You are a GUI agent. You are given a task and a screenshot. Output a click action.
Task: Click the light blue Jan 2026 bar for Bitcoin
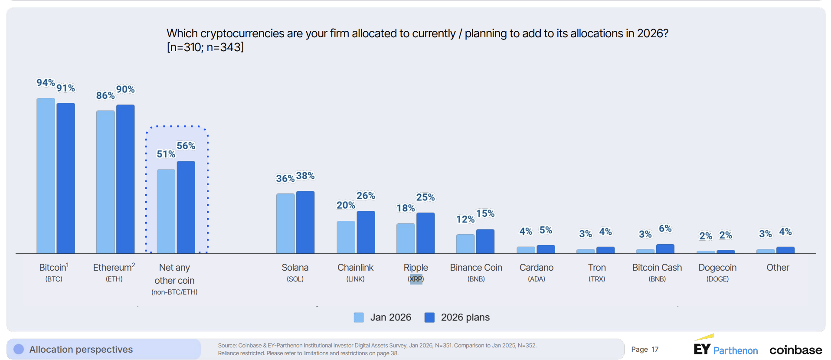[46, 176]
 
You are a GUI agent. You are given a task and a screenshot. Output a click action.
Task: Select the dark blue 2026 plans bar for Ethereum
[125, 179]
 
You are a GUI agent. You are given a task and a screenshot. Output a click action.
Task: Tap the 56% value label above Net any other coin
[186, 146]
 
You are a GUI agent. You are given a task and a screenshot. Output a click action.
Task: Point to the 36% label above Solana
[285, 178]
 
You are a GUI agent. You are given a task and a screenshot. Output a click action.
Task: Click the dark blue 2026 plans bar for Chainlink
[366, 232]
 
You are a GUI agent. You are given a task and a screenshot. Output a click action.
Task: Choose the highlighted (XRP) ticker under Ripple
[415, 279]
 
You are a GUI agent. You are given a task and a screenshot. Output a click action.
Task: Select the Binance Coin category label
[476, 268]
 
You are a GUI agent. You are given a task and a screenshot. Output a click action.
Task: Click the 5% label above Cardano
[546, 230]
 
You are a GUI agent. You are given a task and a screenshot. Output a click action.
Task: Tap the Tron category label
[596, 268]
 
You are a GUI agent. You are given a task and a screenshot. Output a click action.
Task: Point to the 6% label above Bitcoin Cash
[665, 229]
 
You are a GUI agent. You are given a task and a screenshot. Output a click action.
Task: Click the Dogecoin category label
[717, 268]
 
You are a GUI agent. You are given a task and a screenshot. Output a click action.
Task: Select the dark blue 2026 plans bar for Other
[785, 250]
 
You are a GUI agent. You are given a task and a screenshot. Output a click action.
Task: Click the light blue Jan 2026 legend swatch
[359, 317]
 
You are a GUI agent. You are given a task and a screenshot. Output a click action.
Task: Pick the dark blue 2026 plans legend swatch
[429, 317]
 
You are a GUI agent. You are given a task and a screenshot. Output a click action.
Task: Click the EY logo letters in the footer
[702, 349]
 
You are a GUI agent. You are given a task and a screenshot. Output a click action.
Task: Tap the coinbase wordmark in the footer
[795, 350]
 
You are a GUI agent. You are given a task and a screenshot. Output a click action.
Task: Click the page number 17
[655, 350]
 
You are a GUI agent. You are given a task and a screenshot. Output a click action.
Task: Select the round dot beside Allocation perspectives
[19, 349]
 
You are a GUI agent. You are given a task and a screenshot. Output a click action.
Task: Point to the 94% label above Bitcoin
[46, 83]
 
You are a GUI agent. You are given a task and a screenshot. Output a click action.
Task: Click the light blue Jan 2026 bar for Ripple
[406, 238]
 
